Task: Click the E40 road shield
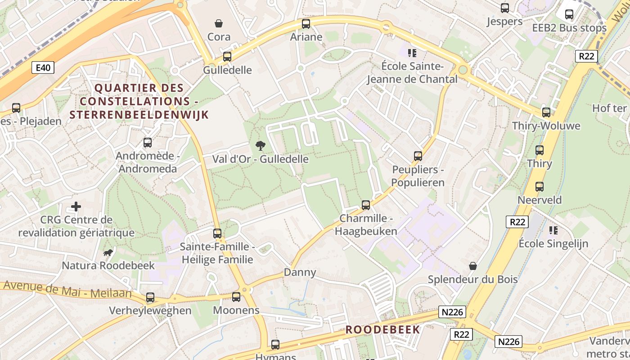43,67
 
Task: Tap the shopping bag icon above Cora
219,23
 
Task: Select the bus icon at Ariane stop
306,24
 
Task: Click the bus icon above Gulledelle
227,57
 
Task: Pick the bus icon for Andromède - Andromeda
147,143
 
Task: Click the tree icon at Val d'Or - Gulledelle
260,145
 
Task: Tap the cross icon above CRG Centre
76,207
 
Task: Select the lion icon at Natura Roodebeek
108,252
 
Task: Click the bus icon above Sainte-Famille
217,234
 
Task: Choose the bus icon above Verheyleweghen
150,297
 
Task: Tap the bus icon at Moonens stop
236,297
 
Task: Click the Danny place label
300,272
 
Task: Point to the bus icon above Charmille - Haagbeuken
366,205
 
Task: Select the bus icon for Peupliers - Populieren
418,156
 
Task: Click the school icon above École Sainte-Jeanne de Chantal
412,53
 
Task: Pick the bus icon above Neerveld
540,186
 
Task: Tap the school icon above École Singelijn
553,230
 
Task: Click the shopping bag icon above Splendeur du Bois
472,266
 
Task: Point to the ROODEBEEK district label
382,329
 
